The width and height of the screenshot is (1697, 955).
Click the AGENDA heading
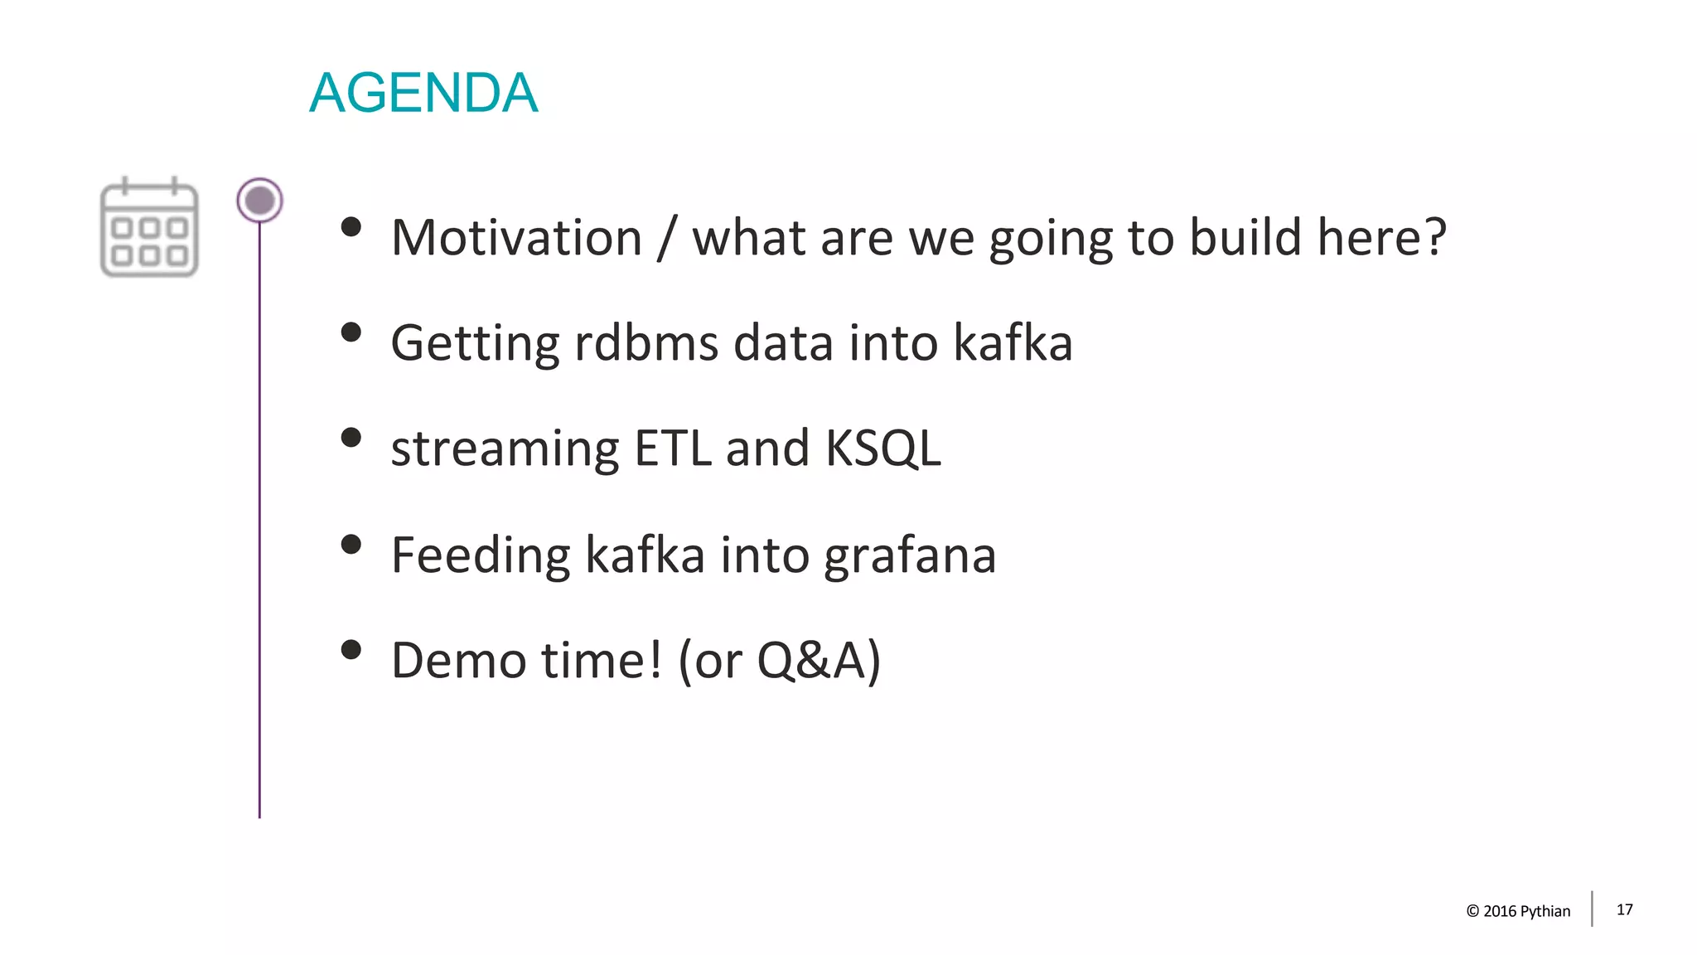tap(423, 93)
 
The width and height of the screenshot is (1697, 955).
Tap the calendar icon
tap(149, 228)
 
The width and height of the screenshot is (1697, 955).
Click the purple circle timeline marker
tap(259, 201)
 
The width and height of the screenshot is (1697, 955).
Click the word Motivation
tap(516, 238)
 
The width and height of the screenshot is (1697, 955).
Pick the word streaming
tap(505, 450)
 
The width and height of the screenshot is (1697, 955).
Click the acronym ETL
tap(672, 448)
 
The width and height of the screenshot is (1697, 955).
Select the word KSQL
tap(882, 450)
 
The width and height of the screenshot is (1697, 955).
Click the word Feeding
tap(481, 555)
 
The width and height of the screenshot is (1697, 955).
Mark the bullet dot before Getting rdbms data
tap(351, 332)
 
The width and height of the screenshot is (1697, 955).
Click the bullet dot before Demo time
tap(351, 649)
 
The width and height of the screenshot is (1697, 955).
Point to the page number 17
tap(1624, 909)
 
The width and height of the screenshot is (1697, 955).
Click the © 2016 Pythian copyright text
tap(1518, 911)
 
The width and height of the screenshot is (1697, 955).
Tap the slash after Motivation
tap(667, 238)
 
